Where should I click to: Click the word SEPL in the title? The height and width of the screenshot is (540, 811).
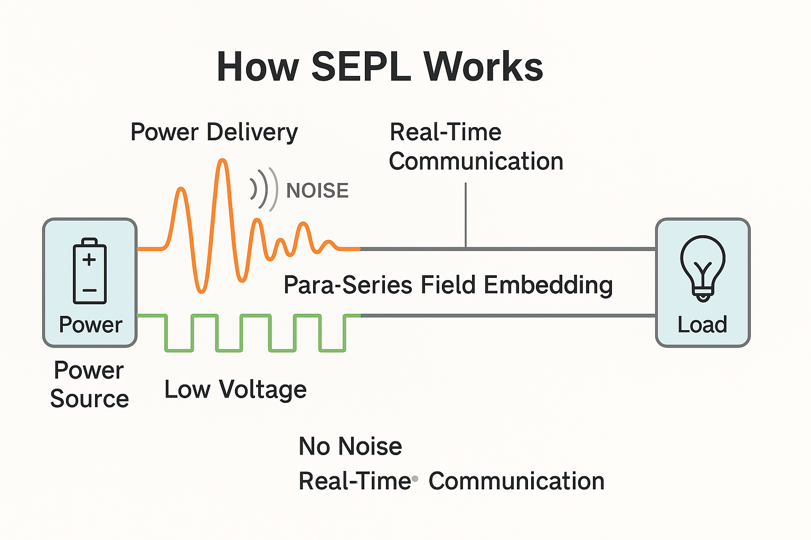pos(361,67)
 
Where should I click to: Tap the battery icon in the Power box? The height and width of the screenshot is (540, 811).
pos(90,271)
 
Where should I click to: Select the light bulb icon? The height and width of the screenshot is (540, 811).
pos(703,268)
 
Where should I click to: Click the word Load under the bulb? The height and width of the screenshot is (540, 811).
pos(702,324)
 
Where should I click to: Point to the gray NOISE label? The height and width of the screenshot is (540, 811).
pos(317,190)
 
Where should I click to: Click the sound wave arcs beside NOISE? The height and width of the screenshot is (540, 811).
pos(264,189)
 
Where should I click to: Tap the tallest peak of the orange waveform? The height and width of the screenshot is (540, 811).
pos(222,160)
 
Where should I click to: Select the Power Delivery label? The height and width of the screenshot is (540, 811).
pos(214,133)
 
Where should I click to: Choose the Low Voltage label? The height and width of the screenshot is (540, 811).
pos(235,390)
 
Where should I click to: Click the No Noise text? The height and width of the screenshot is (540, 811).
pos(350,446)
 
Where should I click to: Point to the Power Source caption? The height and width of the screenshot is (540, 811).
pos(89,384)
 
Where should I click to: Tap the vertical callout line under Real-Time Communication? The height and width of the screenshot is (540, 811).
pos(466,216)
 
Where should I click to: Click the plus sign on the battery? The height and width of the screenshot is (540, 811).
pos(89,259)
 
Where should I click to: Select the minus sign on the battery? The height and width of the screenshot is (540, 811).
pos(89,291)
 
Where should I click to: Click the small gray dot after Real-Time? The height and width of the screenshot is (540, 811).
pos(415,479)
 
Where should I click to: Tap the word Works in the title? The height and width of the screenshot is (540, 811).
pos(483,67)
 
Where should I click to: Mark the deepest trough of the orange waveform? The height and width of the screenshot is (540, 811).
pos(201,291)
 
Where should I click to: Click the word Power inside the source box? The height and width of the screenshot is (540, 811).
pos(90,325)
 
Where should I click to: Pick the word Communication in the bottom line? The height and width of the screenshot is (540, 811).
pos(517,481)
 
